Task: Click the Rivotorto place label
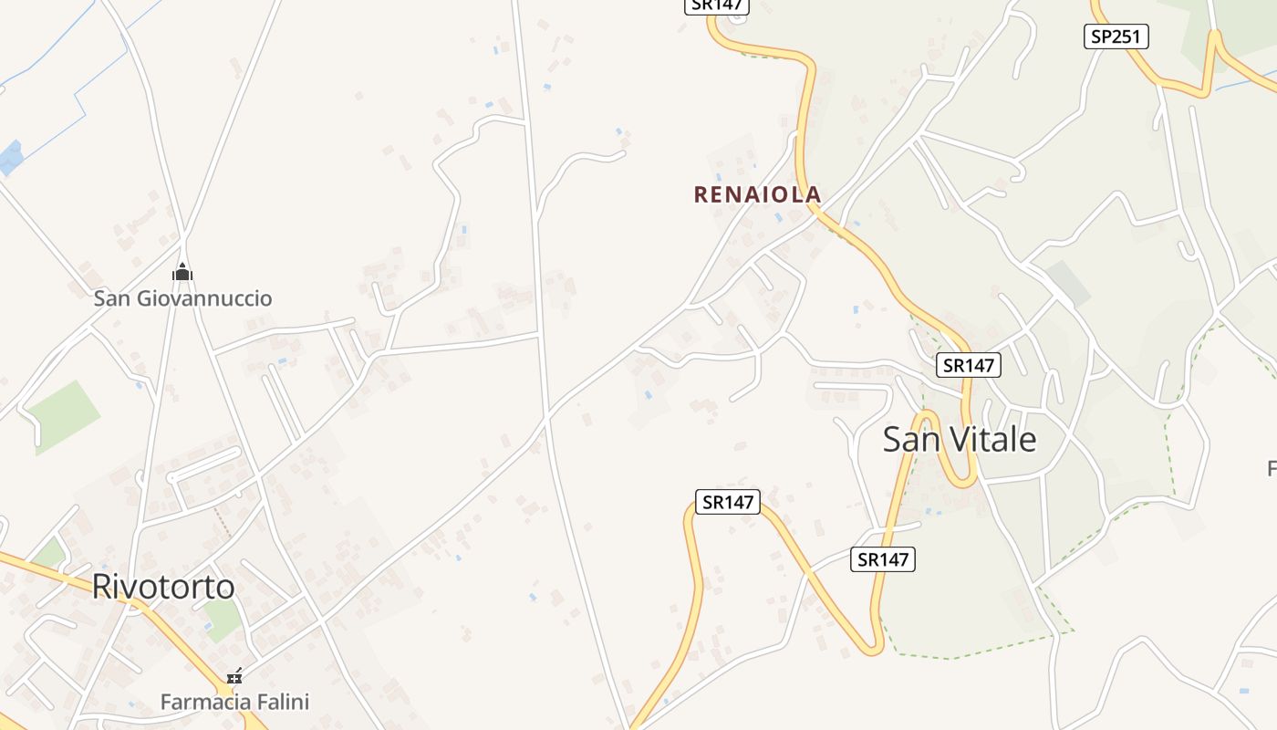(163, 587)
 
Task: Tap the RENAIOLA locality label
(757, 194)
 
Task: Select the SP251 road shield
(1116, 36)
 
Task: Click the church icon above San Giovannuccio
(182, 272)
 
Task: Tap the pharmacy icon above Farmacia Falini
(235, 676)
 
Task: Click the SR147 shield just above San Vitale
(969, 365)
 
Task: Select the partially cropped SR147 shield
(716, 5)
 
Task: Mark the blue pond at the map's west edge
(10, 157)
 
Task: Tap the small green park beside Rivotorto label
(222, 620)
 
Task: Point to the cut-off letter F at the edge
(1272, 469)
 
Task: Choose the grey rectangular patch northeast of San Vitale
(1067, 282)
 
